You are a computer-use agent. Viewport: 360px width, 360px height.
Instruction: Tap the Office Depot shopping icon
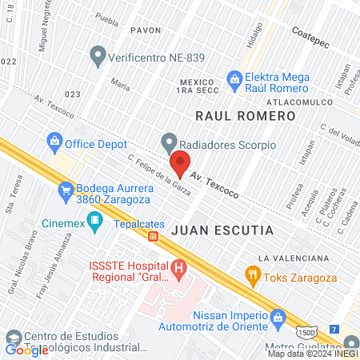click(x=55, y=144)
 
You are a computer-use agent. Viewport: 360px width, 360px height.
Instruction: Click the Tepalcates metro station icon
click(x=152, y=235)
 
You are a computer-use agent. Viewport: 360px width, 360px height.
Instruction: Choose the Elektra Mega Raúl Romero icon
click(x=234, y=78)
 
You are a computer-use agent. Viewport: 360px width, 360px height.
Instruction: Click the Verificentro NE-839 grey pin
click(x=98, y=56)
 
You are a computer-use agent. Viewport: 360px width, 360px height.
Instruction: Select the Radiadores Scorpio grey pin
click(x=168, y=144)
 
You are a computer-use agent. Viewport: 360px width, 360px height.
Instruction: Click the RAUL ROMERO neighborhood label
click(x=246, y=116)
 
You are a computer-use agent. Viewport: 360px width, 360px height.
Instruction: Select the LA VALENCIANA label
click(x=294, y=258)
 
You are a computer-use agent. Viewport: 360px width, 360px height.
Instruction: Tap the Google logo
click(x=26, y=350)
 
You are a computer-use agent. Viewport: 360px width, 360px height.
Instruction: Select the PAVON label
click(x=146, y=30)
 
